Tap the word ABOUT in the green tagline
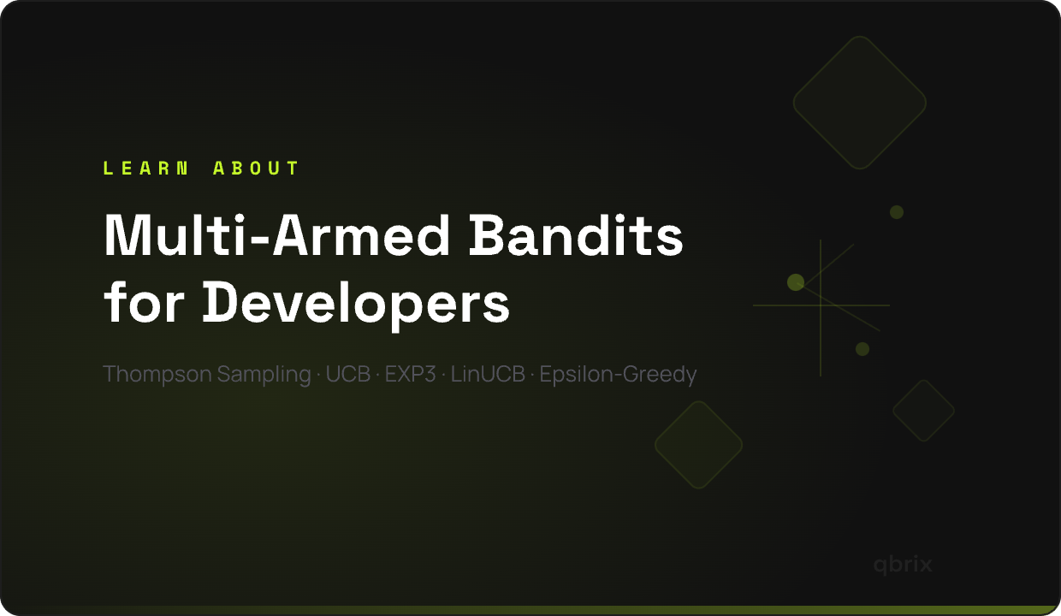point(256,169)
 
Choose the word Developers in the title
point(356,303)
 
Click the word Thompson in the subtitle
point(157,375)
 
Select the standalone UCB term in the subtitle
point(347,375)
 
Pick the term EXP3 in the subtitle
point(410,375)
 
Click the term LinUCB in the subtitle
point(488,375)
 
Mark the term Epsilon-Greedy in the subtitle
point(618,375)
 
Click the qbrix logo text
point(903,565)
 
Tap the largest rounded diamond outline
point(859,103)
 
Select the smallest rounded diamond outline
point(923,411)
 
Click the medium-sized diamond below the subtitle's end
point(698,445)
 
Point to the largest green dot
point(796,282)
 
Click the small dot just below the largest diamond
point(897,212)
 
